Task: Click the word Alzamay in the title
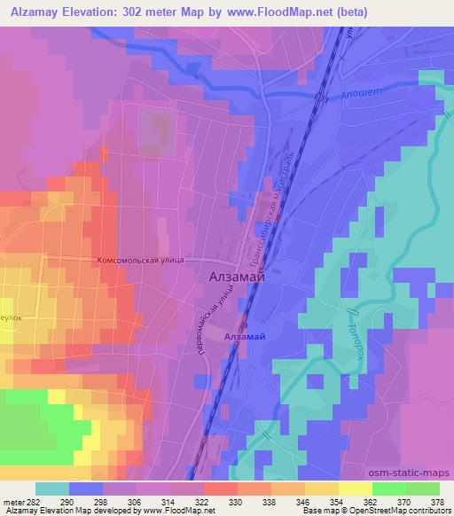point(32,12)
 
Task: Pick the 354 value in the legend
point(336,502)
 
